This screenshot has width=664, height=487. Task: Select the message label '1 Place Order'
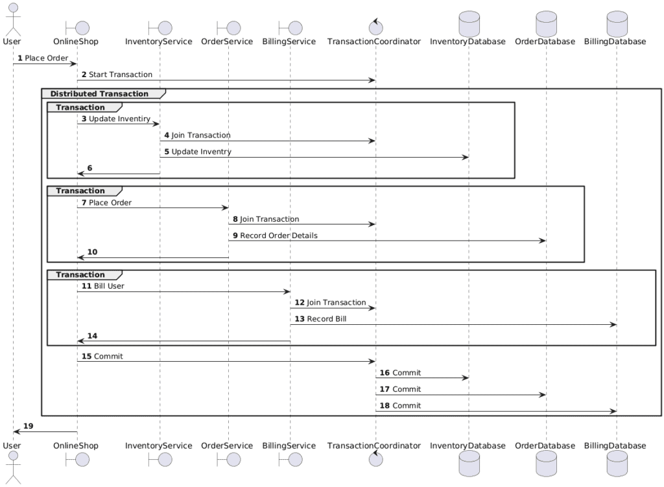pyautogui.click(x=43, y=58)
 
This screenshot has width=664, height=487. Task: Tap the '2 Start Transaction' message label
pyautogui.click(x=117, y=75)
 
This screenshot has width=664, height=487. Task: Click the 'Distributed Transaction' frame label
pyautogui.click(x=99, y=94)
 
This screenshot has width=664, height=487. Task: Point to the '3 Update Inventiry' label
pyautogui.click(x=115, y=119)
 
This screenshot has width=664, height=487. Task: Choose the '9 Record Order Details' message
pyautogui.click(x=275, y=235)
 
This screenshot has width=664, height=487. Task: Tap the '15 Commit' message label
pyautogui.click(x=102, y=356)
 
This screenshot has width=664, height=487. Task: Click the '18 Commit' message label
pyautogui.click(x=399, y=405)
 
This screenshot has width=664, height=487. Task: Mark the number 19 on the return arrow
pyautogui.click(x=29, y=426)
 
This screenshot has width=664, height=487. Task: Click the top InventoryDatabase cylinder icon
pyautogui.click(x=468, y=24)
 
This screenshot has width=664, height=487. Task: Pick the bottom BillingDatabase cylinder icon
pyautogui.click(x=616, y=464)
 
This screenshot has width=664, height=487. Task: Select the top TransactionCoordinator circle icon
pyautogui.click(x=375, y=27)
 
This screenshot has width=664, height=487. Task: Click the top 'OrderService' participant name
pyautogui.click(x=227, y=42)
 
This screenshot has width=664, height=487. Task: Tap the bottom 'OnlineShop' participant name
pyautogui.click(x=76, y=445)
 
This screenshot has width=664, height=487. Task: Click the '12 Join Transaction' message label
pyautogui.click(x=330, y=302)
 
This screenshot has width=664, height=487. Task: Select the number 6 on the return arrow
pyautogui.click(x=89, y=168)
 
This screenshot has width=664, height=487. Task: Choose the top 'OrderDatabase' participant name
pyautogui.click(x=545, y=42)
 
